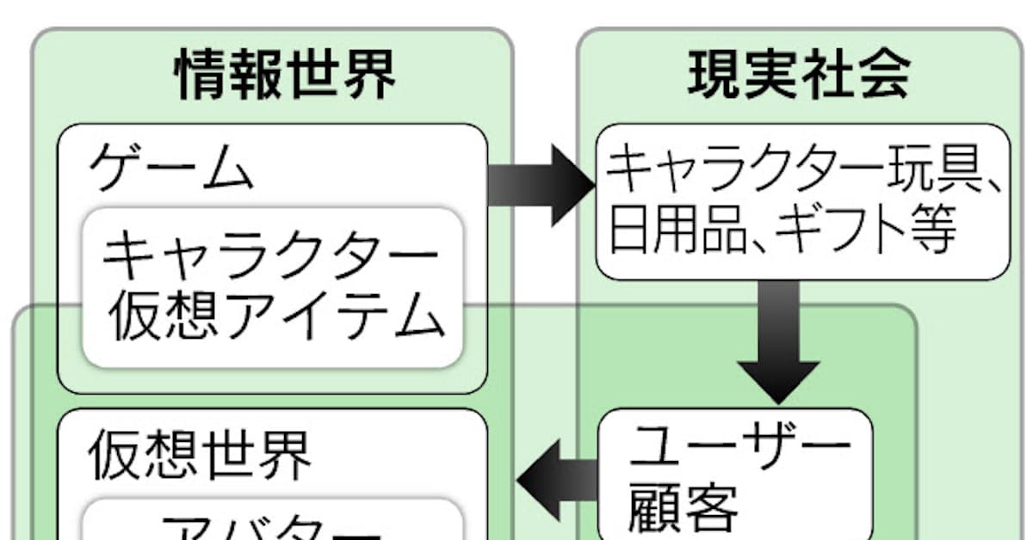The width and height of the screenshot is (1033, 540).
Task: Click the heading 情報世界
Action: coord(285,77)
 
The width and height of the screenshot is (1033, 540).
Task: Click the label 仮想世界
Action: coord(200,455)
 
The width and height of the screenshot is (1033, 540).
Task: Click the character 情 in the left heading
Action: coord(201,77)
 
